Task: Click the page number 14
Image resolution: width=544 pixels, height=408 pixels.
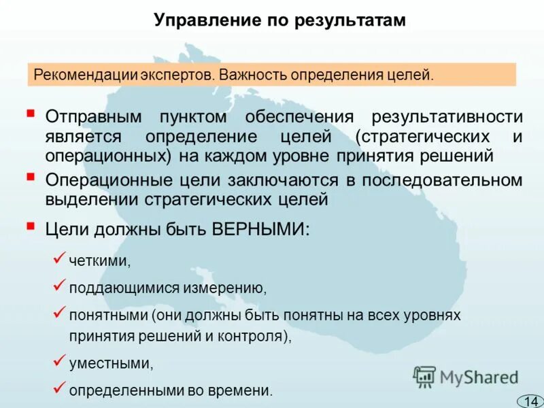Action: (530, 400)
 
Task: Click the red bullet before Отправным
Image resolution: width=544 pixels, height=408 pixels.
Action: (30, 111)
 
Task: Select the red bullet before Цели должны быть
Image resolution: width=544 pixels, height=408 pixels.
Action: (30, 224)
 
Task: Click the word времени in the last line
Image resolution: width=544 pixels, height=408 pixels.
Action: (247, 391)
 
